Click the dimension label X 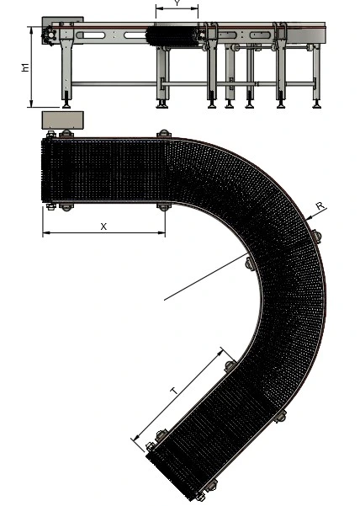tap(103, 226)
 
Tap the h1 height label tap(25, 67)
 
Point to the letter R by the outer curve tap(320, 205)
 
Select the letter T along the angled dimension tap(174, 391)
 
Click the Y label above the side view tap(177, 3)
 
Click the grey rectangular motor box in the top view tap(63, 120)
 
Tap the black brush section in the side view tap(172, 36)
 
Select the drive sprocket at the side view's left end tap(50, 35)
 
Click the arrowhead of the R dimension tap(308, 219)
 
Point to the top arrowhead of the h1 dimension tap(32, 29)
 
